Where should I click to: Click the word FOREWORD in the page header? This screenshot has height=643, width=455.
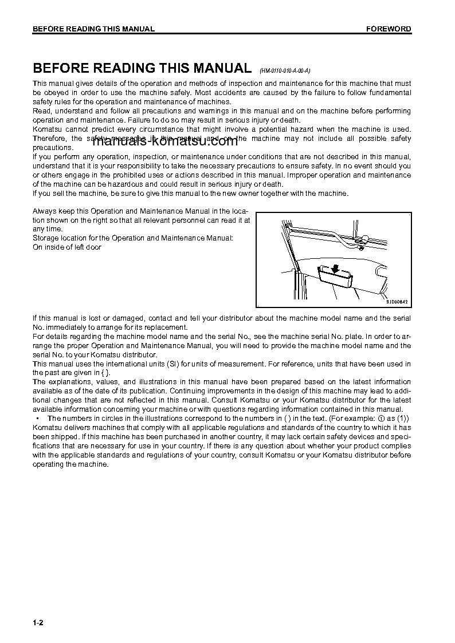coord(389,29)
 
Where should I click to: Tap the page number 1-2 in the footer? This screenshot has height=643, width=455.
coord(38,622)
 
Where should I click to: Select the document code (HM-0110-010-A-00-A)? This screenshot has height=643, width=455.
coord(285,70)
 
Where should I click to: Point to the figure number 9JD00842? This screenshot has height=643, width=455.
coord(397,302)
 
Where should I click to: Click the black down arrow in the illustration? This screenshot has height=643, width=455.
coord(335,269)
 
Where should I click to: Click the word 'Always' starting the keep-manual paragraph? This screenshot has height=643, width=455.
coord(44,211)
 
